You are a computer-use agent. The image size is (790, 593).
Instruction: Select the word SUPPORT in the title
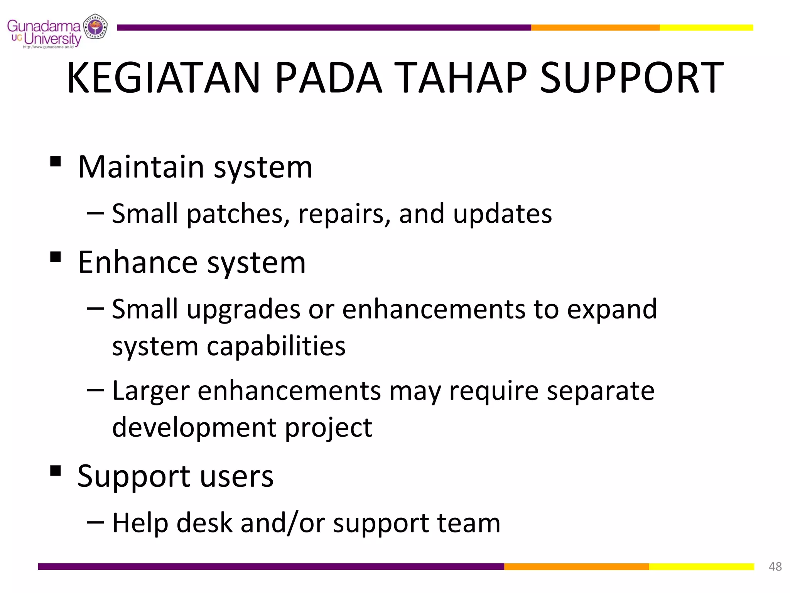click(x=631, y=78)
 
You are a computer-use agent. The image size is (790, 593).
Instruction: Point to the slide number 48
click(x=775, y=566)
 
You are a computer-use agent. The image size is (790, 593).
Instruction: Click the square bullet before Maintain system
click(x=56, y=161)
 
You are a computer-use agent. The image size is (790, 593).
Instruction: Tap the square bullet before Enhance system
click(x=56, y=257)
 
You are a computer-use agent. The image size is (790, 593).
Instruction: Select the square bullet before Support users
click(x=56, y=470)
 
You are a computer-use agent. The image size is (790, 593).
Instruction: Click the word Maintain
click(x=141, y=167)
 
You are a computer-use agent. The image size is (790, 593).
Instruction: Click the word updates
click(x=502, y=214)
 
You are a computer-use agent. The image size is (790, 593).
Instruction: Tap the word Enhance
click(x=138, y=263)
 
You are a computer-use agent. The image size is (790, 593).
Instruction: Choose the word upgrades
click(x=243, y=309)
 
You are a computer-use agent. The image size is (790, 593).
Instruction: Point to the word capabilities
click(x=276, y=346)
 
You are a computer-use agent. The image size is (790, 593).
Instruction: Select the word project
click(x=328, y=428)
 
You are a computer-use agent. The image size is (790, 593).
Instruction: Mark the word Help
click(x=140, y=523)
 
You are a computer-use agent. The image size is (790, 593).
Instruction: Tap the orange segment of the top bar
click(x=595, y=27)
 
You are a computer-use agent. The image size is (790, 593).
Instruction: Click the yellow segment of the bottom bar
click(x=701, y=566)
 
